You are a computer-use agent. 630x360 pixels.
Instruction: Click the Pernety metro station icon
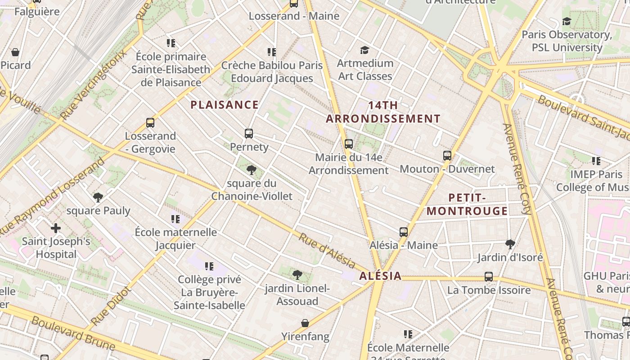249,134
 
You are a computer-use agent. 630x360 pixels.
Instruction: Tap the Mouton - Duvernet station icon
447,156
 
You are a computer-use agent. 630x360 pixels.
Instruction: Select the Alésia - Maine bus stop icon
404,232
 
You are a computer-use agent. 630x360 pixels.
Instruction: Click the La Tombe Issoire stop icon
489,277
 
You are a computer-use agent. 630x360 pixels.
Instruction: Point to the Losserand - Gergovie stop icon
150,123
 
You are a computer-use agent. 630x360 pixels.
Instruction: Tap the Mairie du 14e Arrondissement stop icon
349,144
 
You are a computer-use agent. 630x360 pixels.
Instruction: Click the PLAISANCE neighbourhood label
224,105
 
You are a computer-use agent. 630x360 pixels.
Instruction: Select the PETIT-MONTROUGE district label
467,204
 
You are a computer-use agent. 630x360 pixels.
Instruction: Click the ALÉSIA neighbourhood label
380,276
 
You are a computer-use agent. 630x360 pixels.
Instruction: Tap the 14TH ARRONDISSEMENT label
383,112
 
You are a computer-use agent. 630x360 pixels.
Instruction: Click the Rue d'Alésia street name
327,251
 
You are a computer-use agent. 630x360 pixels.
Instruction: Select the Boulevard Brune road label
73,333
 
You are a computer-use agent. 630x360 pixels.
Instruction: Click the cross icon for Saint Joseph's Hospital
56,228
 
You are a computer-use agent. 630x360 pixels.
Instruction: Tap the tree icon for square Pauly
98,198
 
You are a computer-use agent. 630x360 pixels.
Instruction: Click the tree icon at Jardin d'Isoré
510,244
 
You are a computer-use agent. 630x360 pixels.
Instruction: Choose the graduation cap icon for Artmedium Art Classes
364,50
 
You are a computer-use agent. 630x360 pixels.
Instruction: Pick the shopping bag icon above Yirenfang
305,323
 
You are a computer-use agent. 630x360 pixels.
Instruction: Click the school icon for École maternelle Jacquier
175,219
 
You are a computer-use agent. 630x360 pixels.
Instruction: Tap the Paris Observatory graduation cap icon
567,22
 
